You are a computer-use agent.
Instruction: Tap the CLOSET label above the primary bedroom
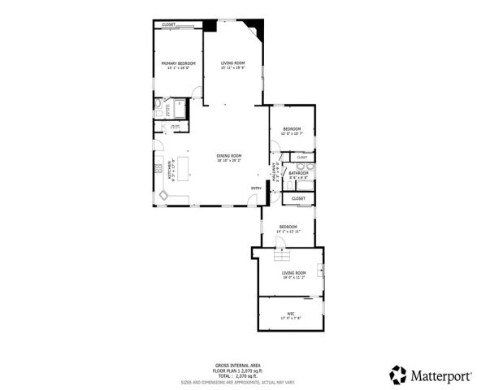[x=168, y=25]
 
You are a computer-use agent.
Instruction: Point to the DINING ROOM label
[x=229, y=155]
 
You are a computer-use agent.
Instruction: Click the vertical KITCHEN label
[x=169, y=171]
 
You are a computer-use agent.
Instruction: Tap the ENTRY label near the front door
[x=255, y=189]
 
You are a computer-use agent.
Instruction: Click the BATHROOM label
[x=298, y=172]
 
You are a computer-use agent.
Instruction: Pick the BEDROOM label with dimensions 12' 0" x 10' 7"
[x=292, y=129]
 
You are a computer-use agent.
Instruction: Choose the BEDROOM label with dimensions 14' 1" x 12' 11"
[x=288, y=227]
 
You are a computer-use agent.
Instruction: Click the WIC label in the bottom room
[x=290, y=313]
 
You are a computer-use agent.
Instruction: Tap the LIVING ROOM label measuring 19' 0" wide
[x=293, y=273]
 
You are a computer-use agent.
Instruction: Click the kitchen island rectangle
[x=181, y=167]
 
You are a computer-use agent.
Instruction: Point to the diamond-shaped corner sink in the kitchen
[x=164, y=195]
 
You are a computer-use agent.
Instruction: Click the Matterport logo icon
[x=397, y=375]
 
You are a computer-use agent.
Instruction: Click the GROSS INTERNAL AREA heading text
[x=232, y=366]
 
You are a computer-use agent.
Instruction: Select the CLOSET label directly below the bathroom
[x=298, y=198]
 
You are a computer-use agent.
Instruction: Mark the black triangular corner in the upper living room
[x=258, y=33]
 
